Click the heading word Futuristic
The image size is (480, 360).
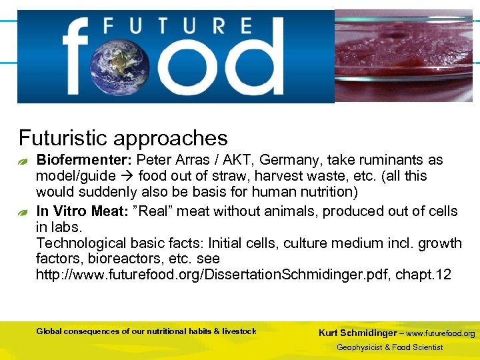63,138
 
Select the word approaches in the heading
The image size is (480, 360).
171,139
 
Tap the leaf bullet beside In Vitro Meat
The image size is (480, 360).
23,213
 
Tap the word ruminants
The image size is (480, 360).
389,160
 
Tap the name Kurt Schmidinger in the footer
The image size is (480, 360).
358,333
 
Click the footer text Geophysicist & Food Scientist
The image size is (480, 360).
389,347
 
